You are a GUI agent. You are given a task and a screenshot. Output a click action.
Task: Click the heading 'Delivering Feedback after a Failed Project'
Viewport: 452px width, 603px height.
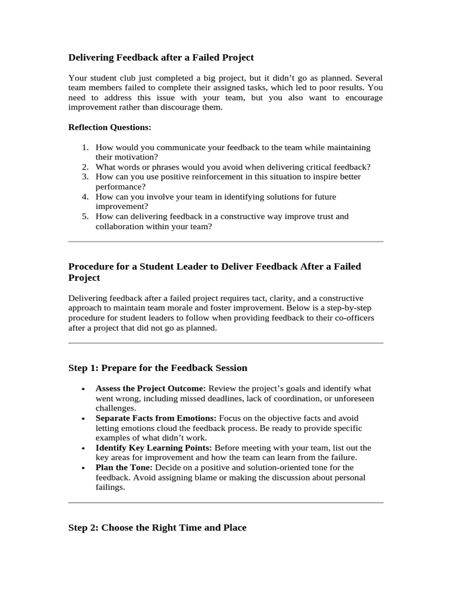pos(161,57)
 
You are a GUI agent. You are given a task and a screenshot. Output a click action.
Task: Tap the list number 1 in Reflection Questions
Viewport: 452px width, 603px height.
pos(85,147)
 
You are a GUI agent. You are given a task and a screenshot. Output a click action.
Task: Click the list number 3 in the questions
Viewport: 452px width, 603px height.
pos(85,177)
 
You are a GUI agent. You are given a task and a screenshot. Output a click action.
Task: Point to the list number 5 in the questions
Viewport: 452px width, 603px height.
pos(85,217)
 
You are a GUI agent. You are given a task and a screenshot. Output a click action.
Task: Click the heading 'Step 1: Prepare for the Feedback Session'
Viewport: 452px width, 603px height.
pos(158,368)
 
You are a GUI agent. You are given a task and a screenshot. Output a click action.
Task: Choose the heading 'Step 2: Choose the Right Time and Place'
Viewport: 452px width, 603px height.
pos(157,528)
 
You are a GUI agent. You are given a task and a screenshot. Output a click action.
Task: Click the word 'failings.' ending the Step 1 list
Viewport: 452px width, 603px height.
pos(111,488)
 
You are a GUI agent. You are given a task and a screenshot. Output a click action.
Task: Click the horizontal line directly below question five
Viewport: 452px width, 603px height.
pos(226,241)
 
